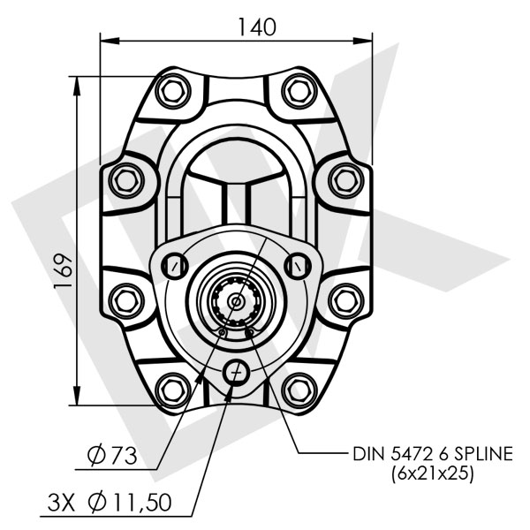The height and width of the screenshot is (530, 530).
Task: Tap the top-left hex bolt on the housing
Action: [x=170, y=90]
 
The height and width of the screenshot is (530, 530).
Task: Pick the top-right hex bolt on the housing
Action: [x=299, y=90]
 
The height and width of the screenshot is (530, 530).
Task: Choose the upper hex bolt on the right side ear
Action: [x=344, y=179]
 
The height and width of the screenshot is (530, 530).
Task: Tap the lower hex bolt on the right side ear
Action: [x=344, y=299]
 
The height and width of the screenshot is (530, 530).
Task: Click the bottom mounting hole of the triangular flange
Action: [x=235, y=372]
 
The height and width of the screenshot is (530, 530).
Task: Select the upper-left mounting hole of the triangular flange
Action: [x=176, y=264]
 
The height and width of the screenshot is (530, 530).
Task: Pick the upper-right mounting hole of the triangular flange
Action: [x=299, y=264]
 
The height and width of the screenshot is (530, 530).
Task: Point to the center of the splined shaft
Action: [x=235, y=301]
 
